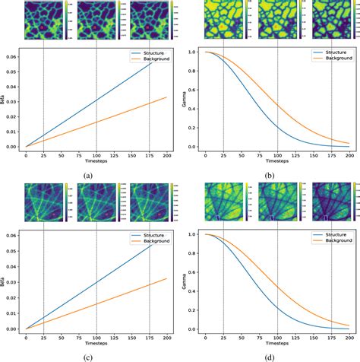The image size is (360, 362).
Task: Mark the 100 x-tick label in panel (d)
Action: click(277, 336)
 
